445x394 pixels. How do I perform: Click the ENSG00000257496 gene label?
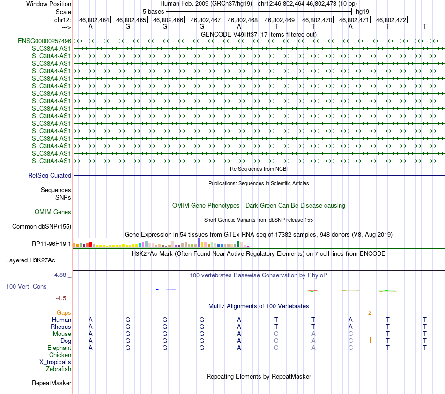[44, 41]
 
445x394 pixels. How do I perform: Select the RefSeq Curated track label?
[50, 175]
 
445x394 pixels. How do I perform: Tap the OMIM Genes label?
[53, 212]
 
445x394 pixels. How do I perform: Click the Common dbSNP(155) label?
[42, 227]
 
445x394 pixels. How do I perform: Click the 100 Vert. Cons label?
[27, 286]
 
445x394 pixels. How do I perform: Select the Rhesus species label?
[61, 327]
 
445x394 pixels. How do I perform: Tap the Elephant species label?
[59, 348]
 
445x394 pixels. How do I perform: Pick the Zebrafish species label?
[59, 369]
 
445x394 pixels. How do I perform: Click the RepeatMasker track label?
[52, 383]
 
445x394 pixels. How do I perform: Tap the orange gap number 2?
[370, 312]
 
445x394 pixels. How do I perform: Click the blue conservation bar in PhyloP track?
[166, 289]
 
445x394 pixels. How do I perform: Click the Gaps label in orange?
[64, 312]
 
